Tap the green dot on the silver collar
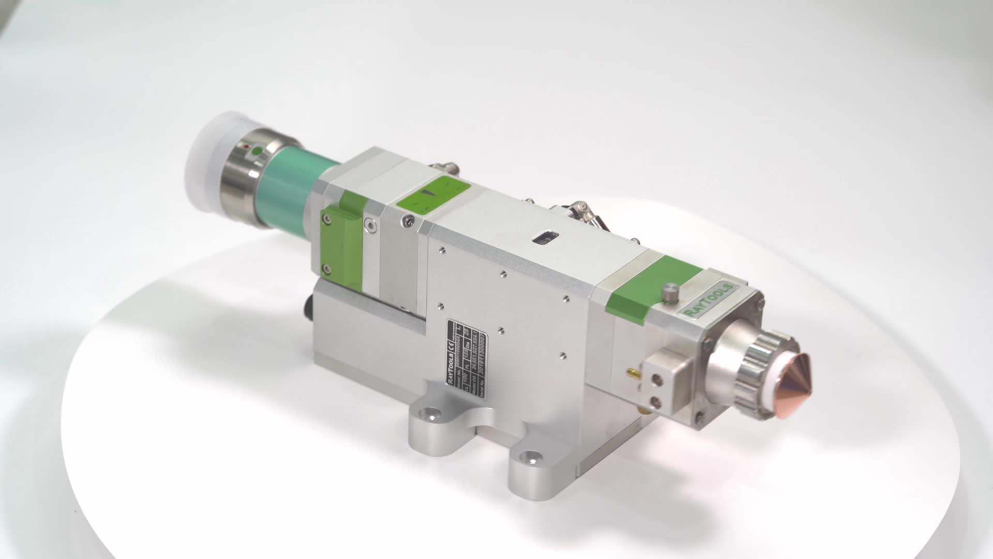[x=257, y=151]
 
